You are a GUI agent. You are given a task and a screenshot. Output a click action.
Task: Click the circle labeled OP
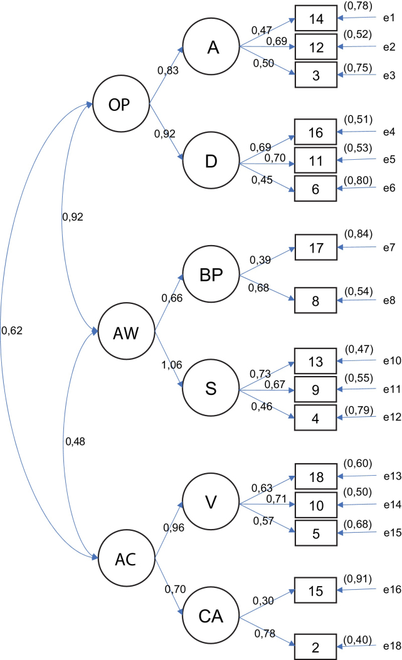[x=119, y=104]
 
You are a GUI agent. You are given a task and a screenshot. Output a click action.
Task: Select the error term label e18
[x=387, y=645]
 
